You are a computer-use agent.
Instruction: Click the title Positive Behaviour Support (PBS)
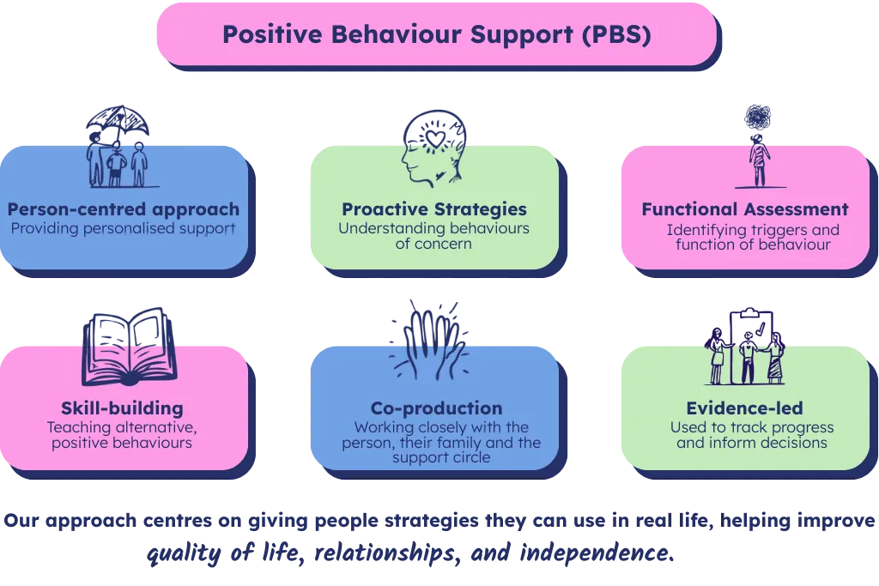pos(437,34)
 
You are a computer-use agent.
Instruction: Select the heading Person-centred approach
pos(124,209)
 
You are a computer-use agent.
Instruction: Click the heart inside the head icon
pos(435,138)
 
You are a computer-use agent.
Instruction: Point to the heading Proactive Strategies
pos(434,209)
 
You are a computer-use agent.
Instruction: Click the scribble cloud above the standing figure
pos(757,117)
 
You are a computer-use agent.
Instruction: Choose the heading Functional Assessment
pos(745,209)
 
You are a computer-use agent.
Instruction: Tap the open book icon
pos(130,347)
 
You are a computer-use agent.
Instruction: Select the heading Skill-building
pos(122,408)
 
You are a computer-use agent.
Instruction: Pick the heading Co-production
pos(437,408)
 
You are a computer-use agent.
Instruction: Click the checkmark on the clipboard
pos(760,329)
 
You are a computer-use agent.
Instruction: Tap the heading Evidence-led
pos(744,408)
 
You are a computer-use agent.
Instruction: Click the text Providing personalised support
pos(124,228)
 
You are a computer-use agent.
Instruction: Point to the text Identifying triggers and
pos(753,230)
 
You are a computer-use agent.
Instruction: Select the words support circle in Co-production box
pos(441,457)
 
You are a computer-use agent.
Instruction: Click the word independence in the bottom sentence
pos(597,553)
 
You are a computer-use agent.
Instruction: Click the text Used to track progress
pos(752,427)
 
